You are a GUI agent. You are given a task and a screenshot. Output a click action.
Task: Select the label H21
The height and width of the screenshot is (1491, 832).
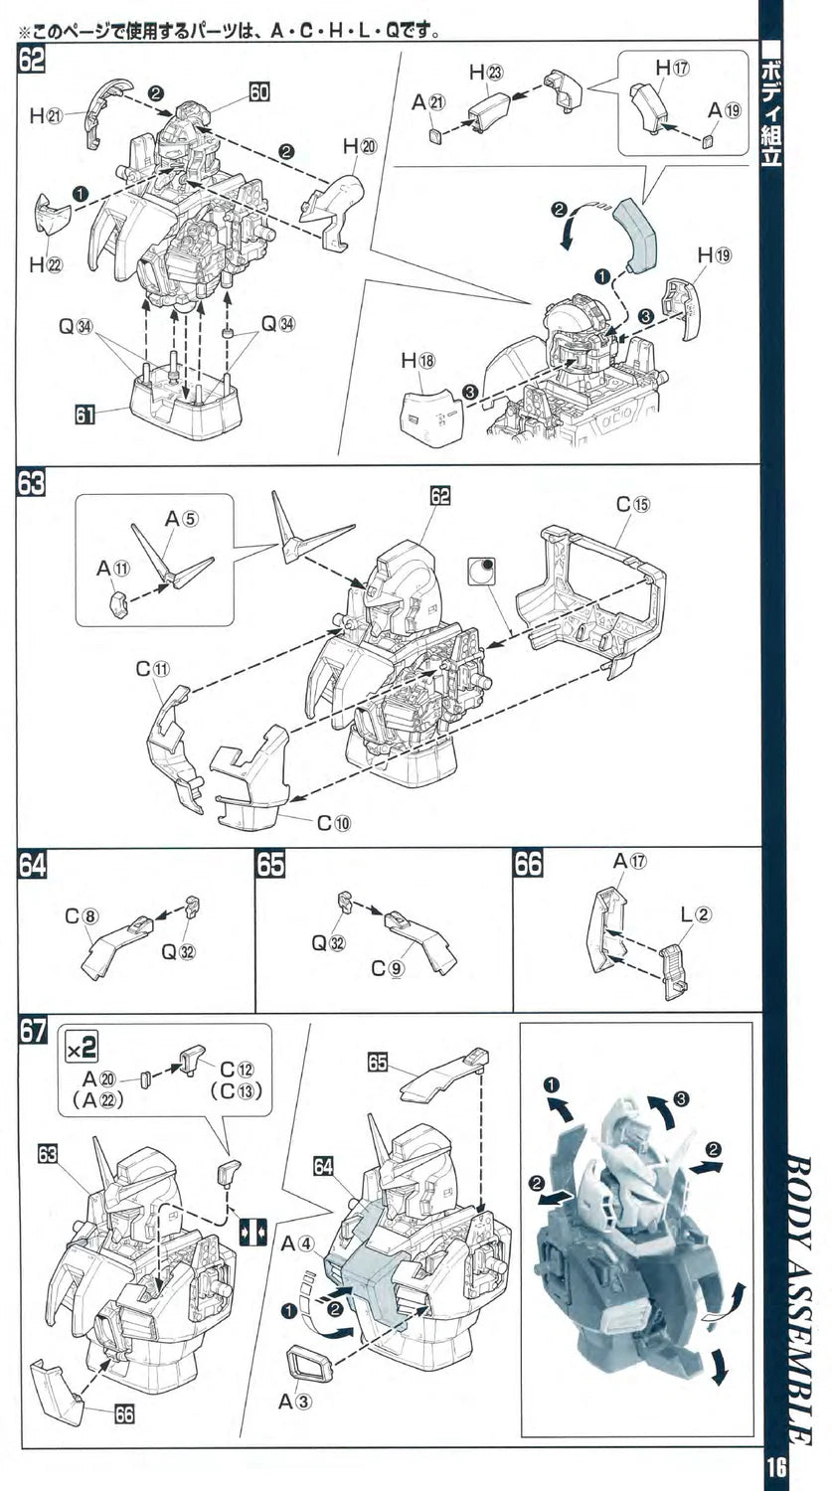click(46, 116)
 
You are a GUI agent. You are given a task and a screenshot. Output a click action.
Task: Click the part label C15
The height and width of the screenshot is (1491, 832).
click(632, 504)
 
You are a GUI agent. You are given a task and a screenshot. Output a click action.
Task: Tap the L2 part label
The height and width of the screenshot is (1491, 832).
click(696, 915)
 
